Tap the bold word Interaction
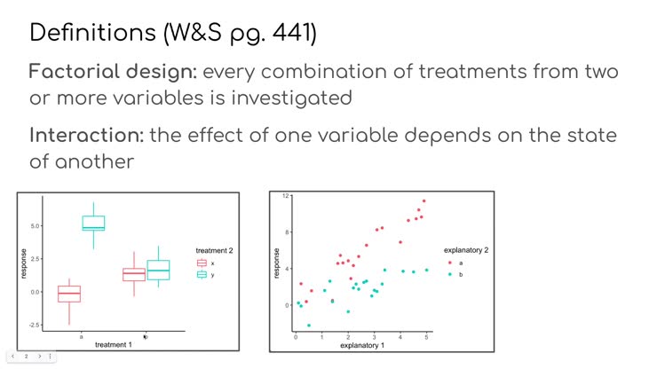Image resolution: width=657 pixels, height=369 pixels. pyautogui.click(x=86, y=137)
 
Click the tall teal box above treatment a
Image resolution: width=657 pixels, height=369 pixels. pyautogui.click(x=93, y=223)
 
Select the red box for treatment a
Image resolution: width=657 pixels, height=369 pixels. pyautogui.click(x=69, y=294)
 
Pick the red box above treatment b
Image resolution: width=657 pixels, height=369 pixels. pyautogui.click(x=134, y=274)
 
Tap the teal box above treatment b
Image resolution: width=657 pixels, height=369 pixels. pyautogui.click(x=158, y=269)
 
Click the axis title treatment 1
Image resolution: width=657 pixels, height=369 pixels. pyautogui.click(x=113, y=344)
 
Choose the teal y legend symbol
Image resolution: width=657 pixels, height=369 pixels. pyautogui.click(x=202, y=275)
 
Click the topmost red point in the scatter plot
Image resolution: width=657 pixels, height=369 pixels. pyautogui.click(x=423, y=201)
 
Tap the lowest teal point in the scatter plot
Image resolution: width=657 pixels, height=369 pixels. pyautogui.click(x=308, y=326)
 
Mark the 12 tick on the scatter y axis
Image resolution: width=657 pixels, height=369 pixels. pyautogui.click(x=287, y=195)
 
